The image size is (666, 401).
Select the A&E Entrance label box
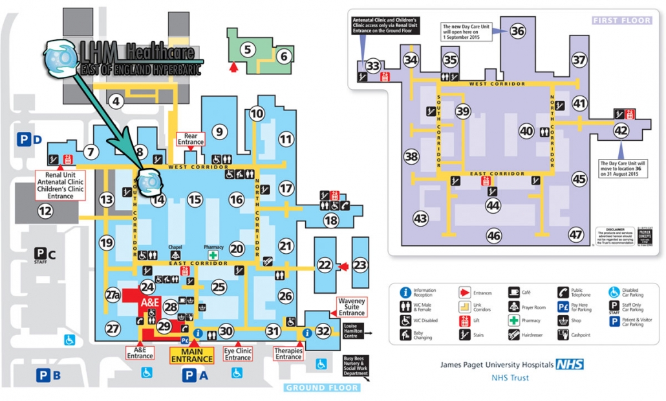click(140, 352)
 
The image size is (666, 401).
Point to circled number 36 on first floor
click(517, 30)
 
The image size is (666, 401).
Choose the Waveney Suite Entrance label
click(352, 307)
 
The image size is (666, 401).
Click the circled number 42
click(621, 130)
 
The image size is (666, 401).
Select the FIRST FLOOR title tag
click(622, 21)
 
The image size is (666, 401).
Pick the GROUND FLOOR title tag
click(321, 387)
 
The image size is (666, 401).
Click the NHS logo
click(569, 365)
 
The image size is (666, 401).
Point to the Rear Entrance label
click(191, 138)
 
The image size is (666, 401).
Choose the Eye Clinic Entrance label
click(238, 354)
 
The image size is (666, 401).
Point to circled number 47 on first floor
click(576, 234)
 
